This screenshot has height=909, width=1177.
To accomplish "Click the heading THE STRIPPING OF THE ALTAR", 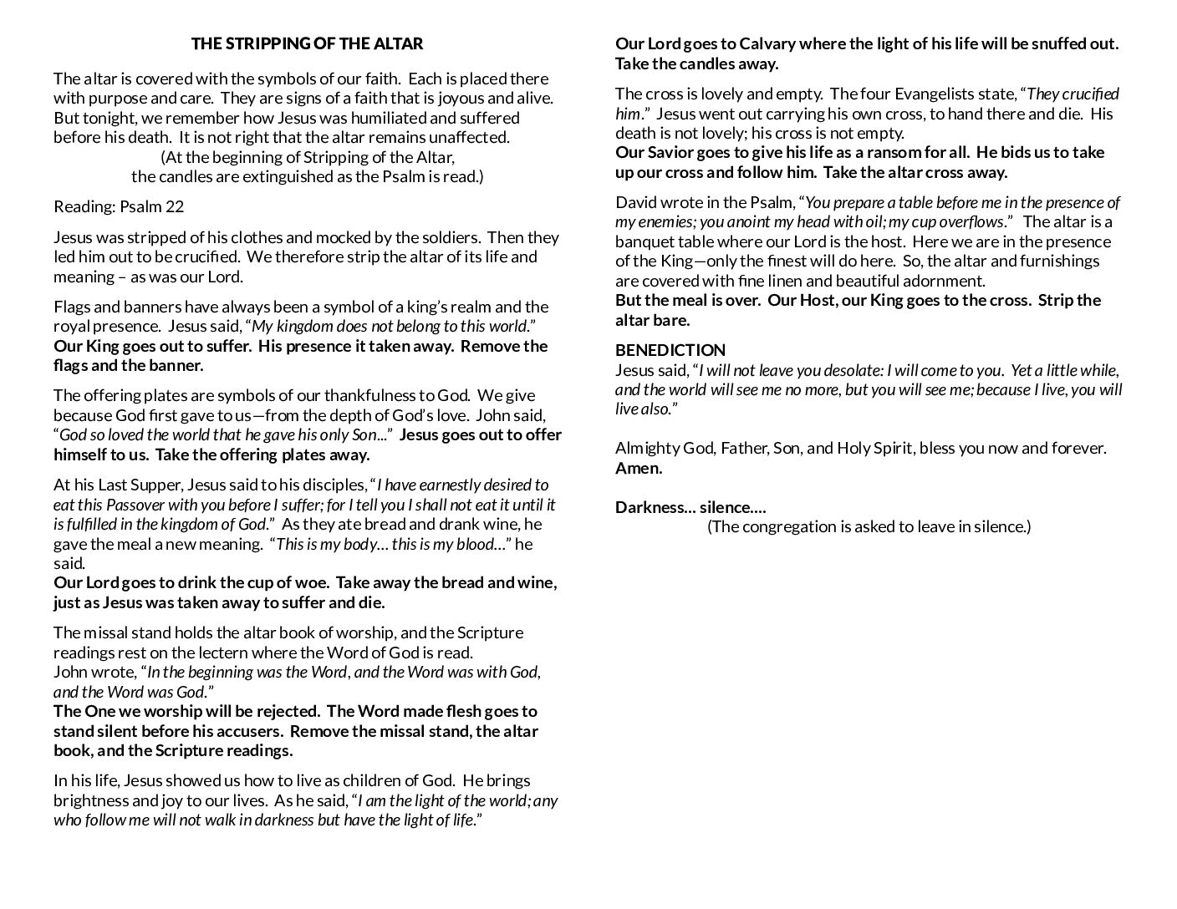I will (x=307, y=43).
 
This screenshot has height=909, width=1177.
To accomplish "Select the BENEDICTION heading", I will (x=670, y=350).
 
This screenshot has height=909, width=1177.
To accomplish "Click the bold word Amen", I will (x=639, y=468).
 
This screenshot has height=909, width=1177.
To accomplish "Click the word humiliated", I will (x=390, y=118).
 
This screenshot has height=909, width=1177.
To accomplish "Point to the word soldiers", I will (x=445, y=237).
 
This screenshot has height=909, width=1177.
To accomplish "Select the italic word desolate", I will (x=846, y=370).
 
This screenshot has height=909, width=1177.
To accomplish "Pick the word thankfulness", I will (x=386, y=395).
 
